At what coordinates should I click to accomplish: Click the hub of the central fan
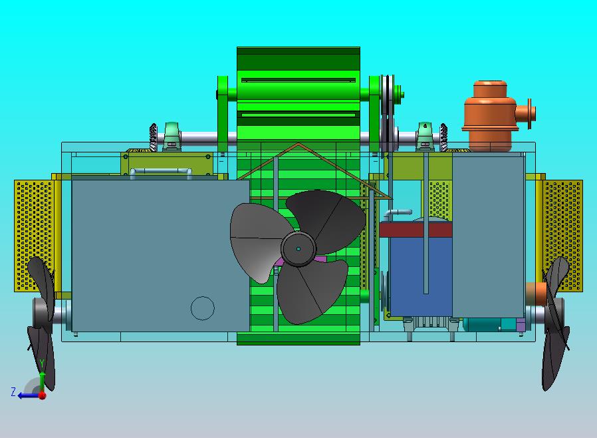(298, 248)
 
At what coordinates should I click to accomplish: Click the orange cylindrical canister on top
(491, 116)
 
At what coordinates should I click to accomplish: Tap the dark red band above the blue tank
(416, 230)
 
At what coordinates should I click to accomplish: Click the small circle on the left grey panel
(203, 308)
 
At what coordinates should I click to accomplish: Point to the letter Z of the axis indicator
(13, 392)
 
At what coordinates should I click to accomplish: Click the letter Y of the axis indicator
(43, 364)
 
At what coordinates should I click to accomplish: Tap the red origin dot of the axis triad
(43, 395)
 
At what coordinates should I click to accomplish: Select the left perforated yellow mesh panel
(35, 236)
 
